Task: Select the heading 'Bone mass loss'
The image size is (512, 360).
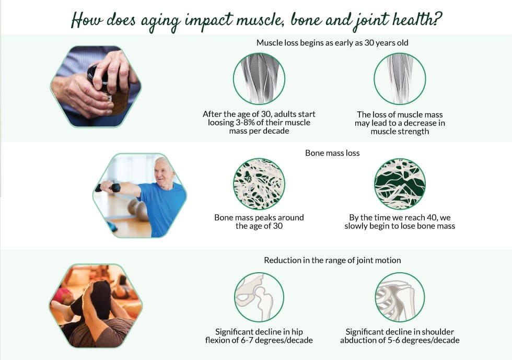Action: (332, 154)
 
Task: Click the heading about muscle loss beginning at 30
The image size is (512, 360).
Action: (332, 43)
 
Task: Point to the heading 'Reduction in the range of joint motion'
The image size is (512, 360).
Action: (332, 260)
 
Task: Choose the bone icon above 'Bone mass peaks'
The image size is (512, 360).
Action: (259, 184)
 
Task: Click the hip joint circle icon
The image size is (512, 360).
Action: (259, 297)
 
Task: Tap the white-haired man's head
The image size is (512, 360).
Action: (164, 169)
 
